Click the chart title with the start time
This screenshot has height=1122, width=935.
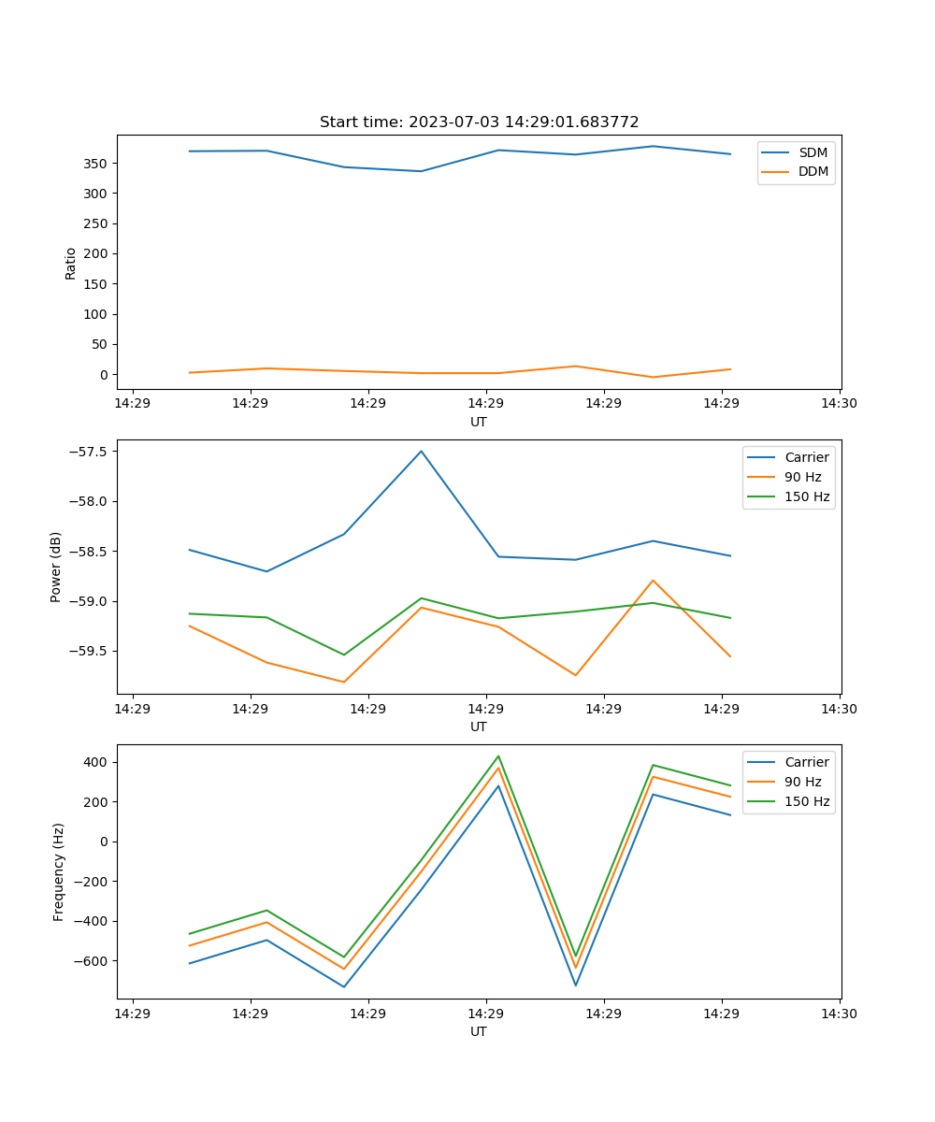[479, 122]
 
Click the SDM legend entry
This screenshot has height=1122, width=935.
[813, 152]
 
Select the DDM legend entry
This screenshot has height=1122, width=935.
[813, 171]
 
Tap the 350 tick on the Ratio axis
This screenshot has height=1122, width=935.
[98, 164]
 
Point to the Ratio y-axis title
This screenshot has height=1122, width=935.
[71, 263]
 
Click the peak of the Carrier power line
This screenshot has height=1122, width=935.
[421, 452]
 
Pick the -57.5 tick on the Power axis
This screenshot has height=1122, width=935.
[91, 452]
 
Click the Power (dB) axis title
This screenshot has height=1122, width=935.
[56, 567]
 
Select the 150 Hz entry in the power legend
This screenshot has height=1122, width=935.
[806, 496]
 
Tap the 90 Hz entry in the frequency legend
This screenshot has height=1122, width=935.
[802, 782]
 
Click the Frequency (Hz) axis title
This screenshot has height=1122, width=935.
[58, 871]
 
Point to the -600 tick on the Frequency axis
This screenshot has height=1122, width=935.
[91, 961]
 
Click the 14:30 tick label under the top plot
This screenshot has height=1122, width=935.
[839, 404]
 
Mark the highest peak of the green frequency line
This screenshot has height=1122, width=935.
[498, 756]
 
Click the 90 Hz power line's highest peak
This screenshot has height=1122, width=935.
[653, 581]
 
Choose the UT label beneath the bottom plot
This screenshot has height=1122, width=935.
[479, 1031]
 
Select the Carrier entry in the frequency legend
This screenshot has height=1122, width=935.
[806, 762]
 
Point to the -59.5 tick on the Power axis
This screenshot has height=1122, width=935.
[91, 652]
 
